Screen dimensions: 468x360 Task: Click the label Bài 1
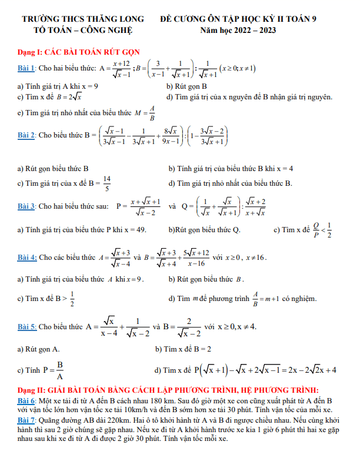[26, 69]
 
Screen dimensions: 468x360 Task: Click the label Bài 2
[26, 135]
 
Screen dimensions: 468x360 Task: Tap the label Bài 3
[26, 207]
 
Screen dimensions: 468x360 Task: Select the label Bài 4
[26, 257]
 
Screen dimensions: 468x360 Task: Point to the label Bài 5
[26, 326]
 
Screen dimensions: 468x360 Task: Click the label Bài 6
[26, 400]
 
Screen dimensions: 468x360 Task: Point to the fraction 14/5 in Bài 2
[106, 184]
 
